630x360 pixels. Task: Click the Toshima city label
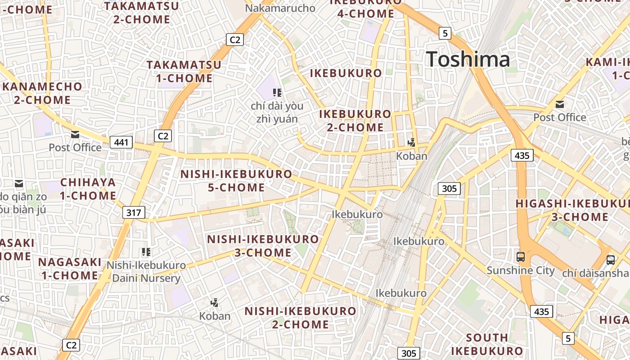[x=468, y=59]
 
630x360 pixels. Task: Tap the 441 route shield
[x=121, y=143]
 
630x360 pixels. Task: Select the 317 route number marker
[x=134, y=212]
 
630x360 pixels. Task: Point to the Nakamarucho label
[x=280, y=8]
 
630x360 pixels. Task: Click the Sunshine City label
[x=521, y=270]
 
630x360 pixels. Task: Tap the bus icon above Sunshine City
[x=521, y=257]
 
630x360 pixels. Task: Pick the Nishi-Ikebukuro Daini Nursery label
[x=146, y=272]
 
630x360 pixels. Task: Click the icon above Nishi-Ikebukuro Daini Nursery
[x=146, y=252]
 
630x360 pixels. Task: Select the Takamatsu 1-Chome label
[x=184, y=72]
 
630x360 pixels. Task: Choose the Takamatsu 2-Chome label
[x=142, y=13]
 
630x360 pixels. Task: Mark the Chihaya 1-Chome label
[x=88, y=189]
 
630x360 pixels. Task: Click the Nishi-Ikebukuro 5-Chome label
[x=236, y=180]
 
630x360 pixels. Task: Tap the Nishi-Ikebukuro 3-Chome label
[x=263, y=246]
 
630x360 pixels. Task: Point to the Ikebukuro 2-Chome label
[x=355, y=121]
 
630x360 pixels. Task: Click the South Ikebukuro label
[x=487, y=344]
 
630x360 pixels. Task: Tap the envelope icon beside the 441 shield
[x=75, y=135]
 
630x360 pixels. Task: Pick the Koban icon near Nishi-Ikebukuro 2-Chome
[x=215, y=303]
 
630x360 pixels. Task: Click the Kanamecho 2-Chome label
[x=42, y=93]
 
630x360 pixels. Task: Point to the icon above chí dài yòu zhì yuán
[x=277, y=93]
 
